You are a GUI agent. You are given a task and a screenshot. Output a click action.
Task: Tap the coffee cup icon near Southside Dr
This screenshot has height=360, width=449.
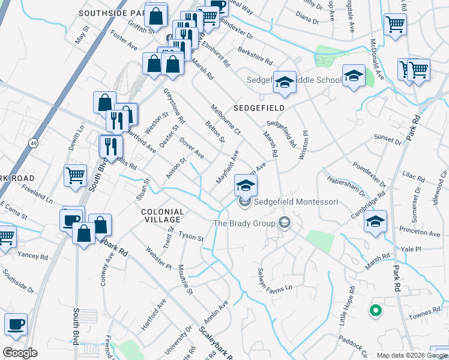16,325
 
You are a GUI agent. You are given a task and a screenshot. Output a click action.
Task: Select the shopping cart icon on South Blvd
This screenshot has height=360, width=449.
75,176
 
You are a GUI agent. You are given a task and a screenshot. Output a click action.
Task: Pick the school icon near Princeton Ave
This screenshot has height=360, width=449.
375,222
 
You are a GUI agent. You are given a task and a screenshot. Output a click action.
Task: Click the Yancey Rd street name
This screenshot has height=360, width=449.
32,256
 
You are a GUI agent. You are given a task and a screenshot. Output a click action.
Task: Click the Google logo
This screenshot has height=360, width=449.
20,353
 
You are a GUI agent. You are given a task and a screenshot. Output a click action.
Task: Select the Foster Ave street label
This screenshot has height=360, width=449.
124,41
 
